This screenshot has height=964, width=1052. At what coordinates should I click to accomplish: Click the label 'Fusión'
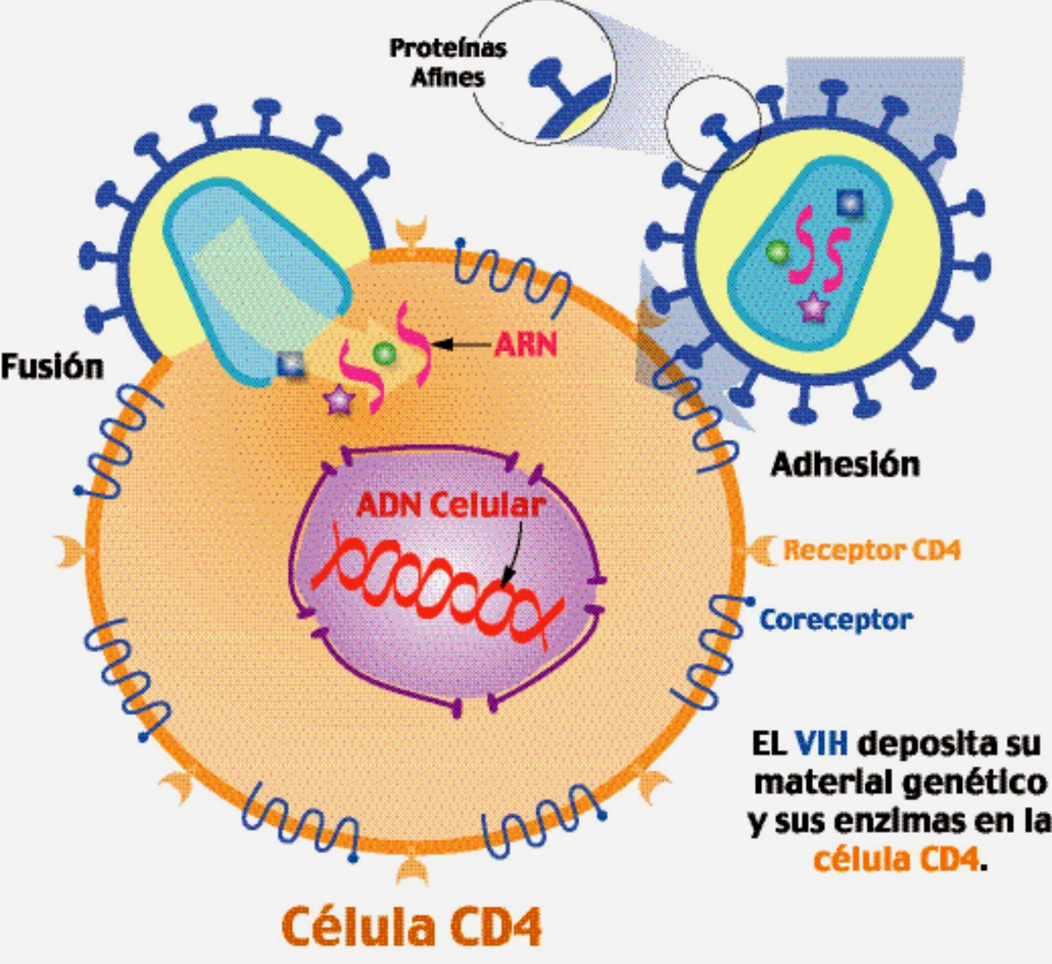coord(52,367)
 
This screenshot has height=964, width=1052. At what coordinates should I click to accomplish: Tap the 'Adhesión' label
coord(845,465)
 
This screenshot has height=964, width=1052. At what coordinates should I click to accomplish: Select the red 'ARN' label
coord(525,344)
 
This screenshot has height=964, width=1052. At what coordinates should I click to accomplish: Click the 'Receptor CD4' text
coord(871,550)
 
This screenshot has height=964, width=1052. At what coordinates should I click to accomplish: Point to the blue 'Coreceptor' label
coord(836,620)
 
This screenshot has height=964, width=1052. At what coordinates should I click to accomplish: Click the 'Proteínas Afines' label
coord(448,62)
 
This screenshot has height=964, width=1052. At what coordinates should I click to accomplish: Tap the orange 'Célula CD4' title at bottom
coord(411,926)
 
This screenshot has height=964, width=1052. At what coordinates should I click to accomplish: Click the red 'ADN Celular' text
coord(450,506)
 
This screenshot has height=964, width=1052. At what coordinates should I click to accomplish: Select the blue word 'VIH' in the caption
coord(821,743)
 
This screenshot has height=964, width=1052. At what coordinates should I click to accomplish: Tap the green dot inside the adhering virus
coord(777,252)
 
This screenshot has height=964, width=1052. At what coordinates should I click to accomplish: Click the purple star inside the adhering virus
coord(813,307)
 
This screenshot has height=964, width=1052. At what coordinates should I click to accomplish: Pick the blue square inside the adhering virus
coord(850,203)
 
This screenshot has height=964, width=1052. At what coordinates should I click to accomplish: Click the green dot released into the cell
coord(384,353)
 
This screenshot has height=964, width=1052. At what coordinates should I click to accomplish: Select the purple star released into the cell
coord(339,399)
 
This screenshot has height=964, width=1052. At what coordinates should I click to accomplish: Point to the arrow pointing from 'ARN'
coord(461,344)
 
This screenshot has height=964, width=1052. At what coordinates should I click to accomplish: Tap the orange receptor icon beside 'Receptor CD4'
coord(760,550)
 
